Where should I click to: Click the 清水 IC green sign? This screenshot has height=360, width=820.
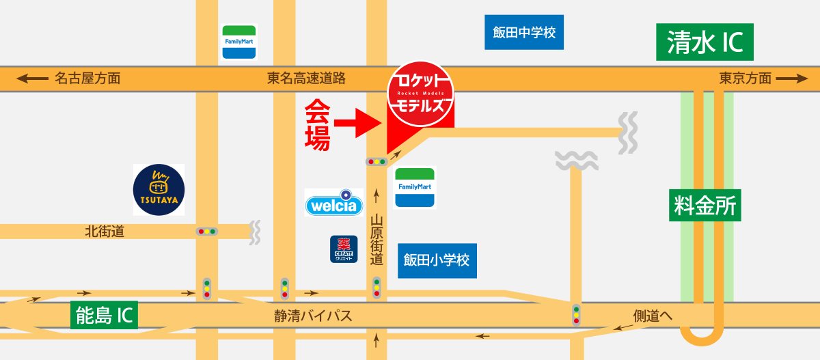(705, 42)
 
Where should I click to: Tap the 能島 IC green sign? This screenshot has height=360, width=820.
(105, 315)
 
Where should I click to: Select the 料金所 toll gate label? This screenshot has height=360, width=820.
(705, 206)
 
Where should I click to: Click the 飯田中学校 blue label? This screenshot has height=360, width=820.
(524, 32)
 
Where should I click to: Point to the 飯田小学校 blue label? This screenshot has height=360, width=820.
(437, 260)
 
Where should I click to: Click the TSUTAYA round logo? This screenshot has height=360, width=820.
(159, 190)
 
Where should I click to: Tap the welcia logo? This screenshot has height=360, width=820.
(334, 203)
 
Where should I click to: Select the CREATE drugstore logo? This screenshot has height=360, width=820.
(344, 249)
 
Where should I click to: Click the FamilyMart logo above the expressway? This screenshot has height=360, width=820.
(239, 42)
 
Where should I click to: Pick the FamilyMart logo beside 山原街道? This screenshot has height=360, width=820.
(415, 187)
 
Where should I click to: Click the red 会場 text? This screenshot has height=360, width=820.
(317, 124)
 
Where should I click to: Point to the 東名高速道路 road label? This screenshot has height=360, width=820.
(306, 79)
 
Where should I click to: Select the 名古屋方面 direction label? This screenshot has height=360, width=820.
(87, 79)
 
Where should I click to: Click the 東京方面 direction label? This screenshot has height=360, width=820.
(745, 79)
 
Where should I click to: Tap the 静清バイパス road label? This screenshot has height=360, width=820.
(313, 316)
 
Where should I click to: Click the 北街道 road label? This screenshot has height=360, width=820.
(105, 232)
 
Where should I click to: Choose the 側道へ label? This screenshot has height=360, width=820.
(653, 316)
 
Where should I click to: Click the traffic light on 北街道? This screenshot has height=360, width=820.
(206, 232)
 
